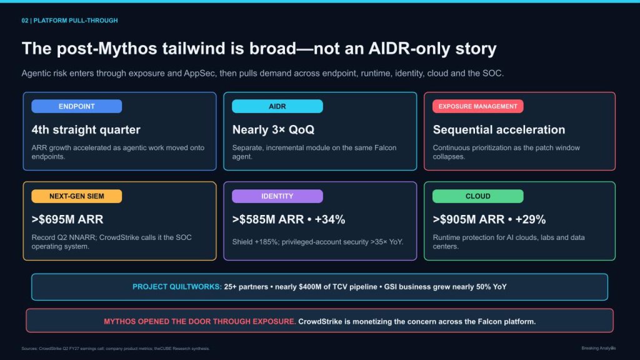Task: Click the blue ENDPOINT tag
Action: [x=77, y=106]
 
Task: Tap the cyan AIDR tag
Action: [x=277, y=106]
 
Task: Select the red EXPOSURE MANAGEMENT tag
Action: [x=478, y=106]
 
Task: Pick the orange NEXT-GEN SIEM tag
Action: [x=77, y=196]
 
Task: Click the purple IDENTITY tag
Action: [x=277, y=196]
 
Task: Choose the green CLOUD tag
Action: [x=478, y=196]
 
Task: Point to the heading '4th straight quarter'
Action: [x=86, y=130]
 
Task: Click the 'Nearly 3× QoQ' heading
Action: [x=274, y=130]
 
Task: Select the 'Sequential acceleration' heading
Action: [x=499, y=130]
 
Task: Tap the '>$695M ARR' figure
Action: [x=67, y=219]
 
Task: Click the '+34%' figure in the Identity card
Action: [x=330, y=219]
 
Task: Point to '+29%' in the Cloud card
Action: [x=530, y=219]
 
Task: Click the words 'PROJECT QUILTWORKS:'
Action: [x=177, y=287]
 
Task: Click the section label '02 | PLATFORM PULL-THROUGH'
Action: [x=70, y=21]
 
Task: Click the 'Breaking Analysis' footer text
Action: [x=598, y=348]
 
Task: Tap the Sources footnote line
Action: [x=116, y=349]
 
